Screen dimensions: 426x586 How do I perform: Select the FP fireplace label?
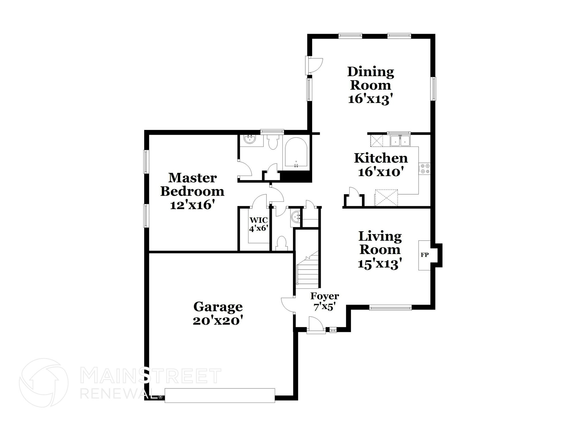(x=424, y=255)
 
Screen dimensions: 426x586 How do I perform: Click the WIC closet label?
(x=259, y=220)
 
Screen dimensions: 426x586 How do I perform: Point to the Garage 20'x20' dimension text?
(x=218, y=321)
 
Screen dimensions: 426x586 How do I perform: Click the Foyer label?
(x=325, y=296)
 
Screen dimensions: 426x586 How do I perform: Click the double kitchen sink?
(x=400, y=140)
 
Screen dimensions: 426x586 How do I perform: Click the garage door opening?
(x=219, y=395)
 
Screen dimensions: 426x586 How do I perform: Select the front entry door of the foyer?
(x=316, y=325)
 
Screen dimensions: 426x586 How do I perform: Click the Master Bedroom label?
(x=192, y=185)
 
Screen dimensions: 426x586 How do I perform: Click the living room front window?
(x=390, y=308)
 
